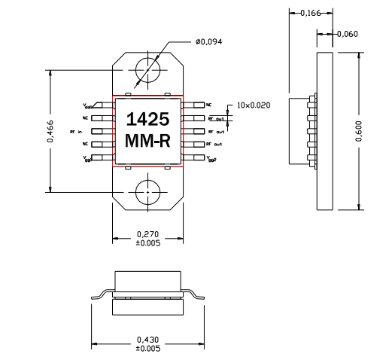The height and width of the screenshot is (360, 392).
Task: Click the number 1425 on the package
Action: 147,120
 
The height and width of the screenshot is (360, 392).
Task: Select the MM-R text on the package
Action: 147,142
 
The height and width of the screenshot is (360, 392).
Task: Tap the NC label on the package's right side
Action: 209,105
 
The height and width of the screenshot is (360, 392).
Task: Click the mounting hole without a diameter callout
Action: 147,192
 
